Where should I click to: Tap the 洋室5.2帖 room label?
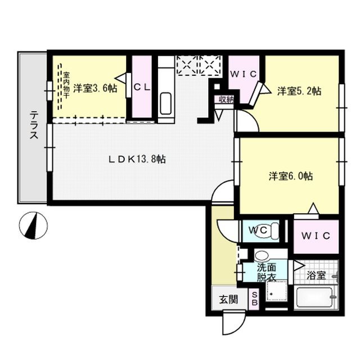coord(298,90)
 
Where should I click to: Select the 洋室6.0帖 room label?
coord(290,176)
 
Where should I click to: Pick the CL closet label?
coord(141,88)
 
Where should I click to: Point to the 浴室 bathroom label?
coord(316,276)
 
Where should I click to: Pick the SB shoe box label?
coord(254,298)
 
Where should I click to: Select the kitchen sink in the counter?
coord(166,103)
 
